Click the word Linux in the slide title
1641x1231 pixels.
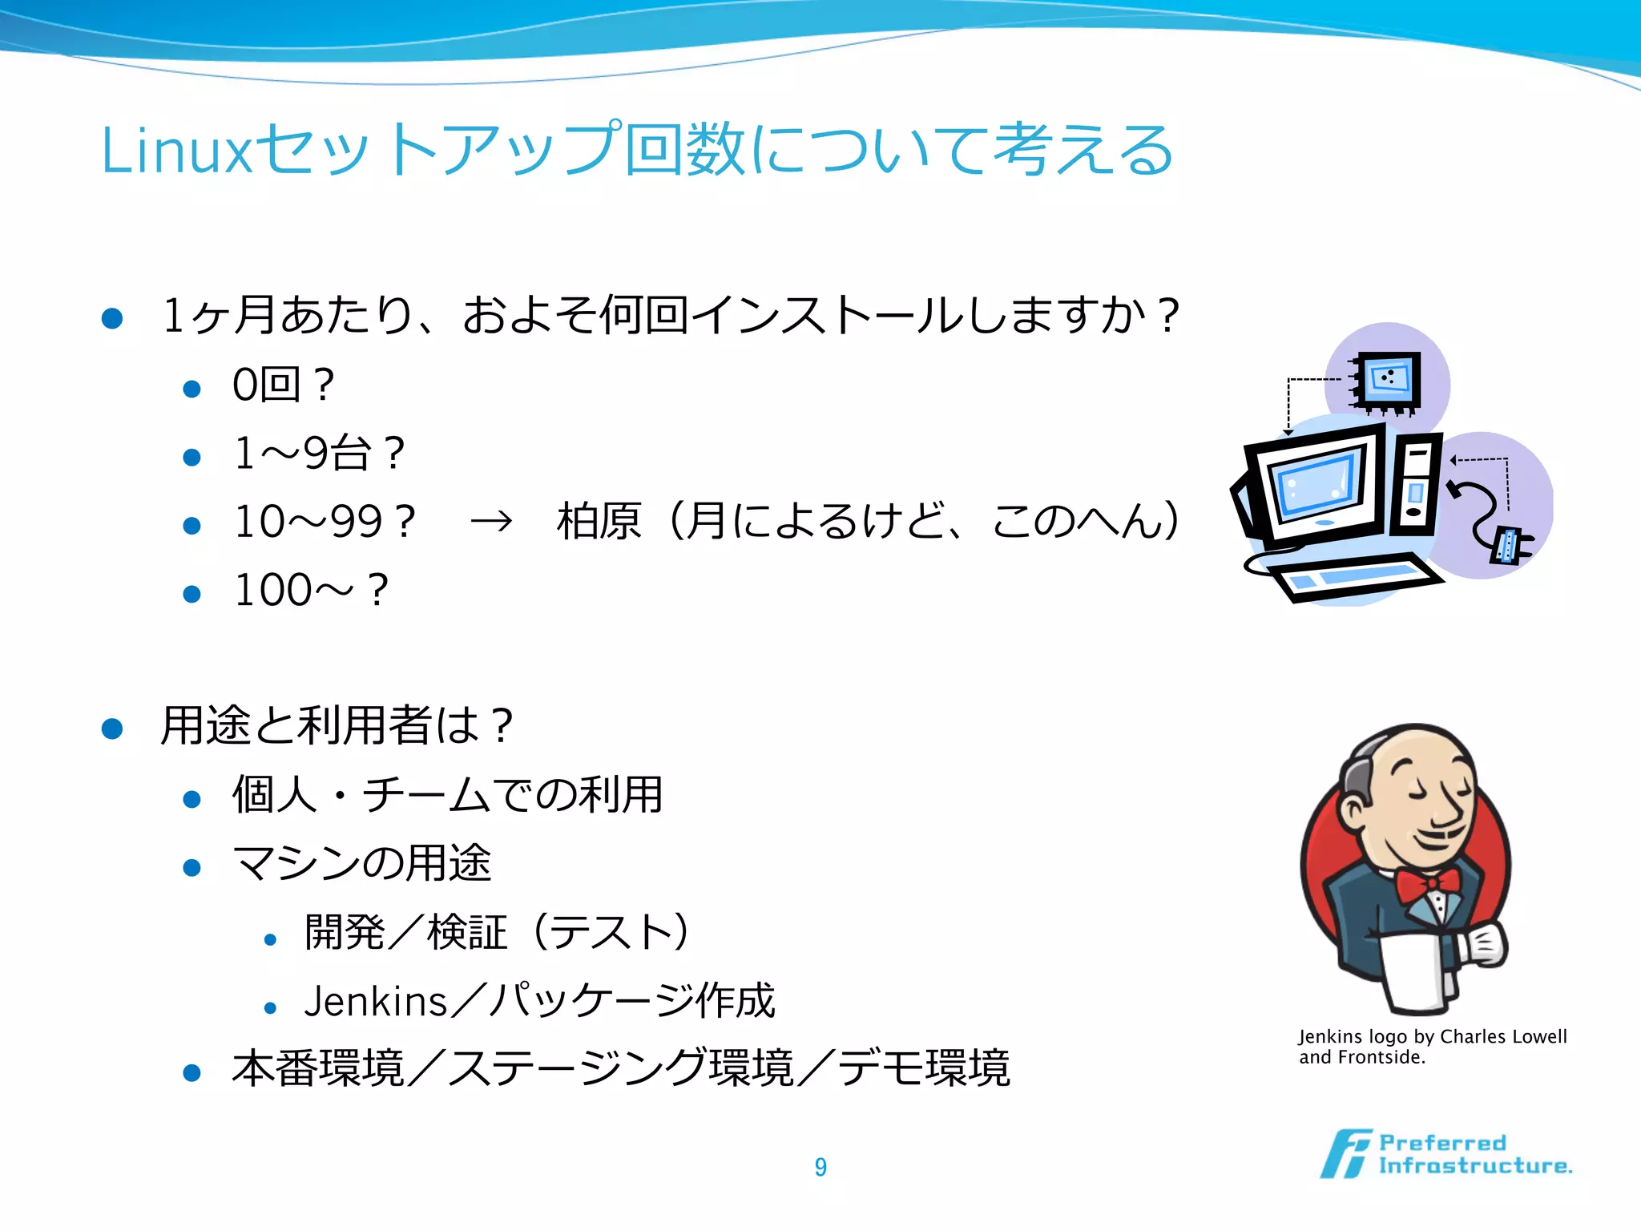[175, 151]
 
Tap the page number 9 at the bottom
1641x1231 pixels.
[820, 1167]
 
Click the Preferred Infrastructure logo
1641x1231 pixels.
[1446, 1154]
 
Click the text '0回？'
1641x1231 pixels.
[282, 385]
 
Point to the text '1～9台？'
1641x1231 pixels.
[319, 454]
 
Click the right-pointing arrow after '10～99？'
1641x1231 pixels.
[491, 522]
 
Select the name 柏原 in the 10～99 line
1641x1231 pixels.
[599, 522]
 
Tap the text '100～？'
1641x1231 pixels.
[311, 591]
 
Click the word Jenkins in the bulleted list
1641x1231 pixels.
[375, 1002]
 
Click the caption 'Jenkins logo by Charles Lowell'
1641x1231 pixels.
[1432, 1037]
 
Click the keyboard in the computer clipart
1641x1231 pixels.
[1354, 578]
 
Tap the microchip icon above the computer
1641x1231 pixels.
[1387, 381]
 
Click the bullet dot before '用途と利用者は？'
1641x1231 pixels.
[112, 729]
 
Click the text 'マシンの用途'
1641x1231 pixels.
[361, 864]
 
